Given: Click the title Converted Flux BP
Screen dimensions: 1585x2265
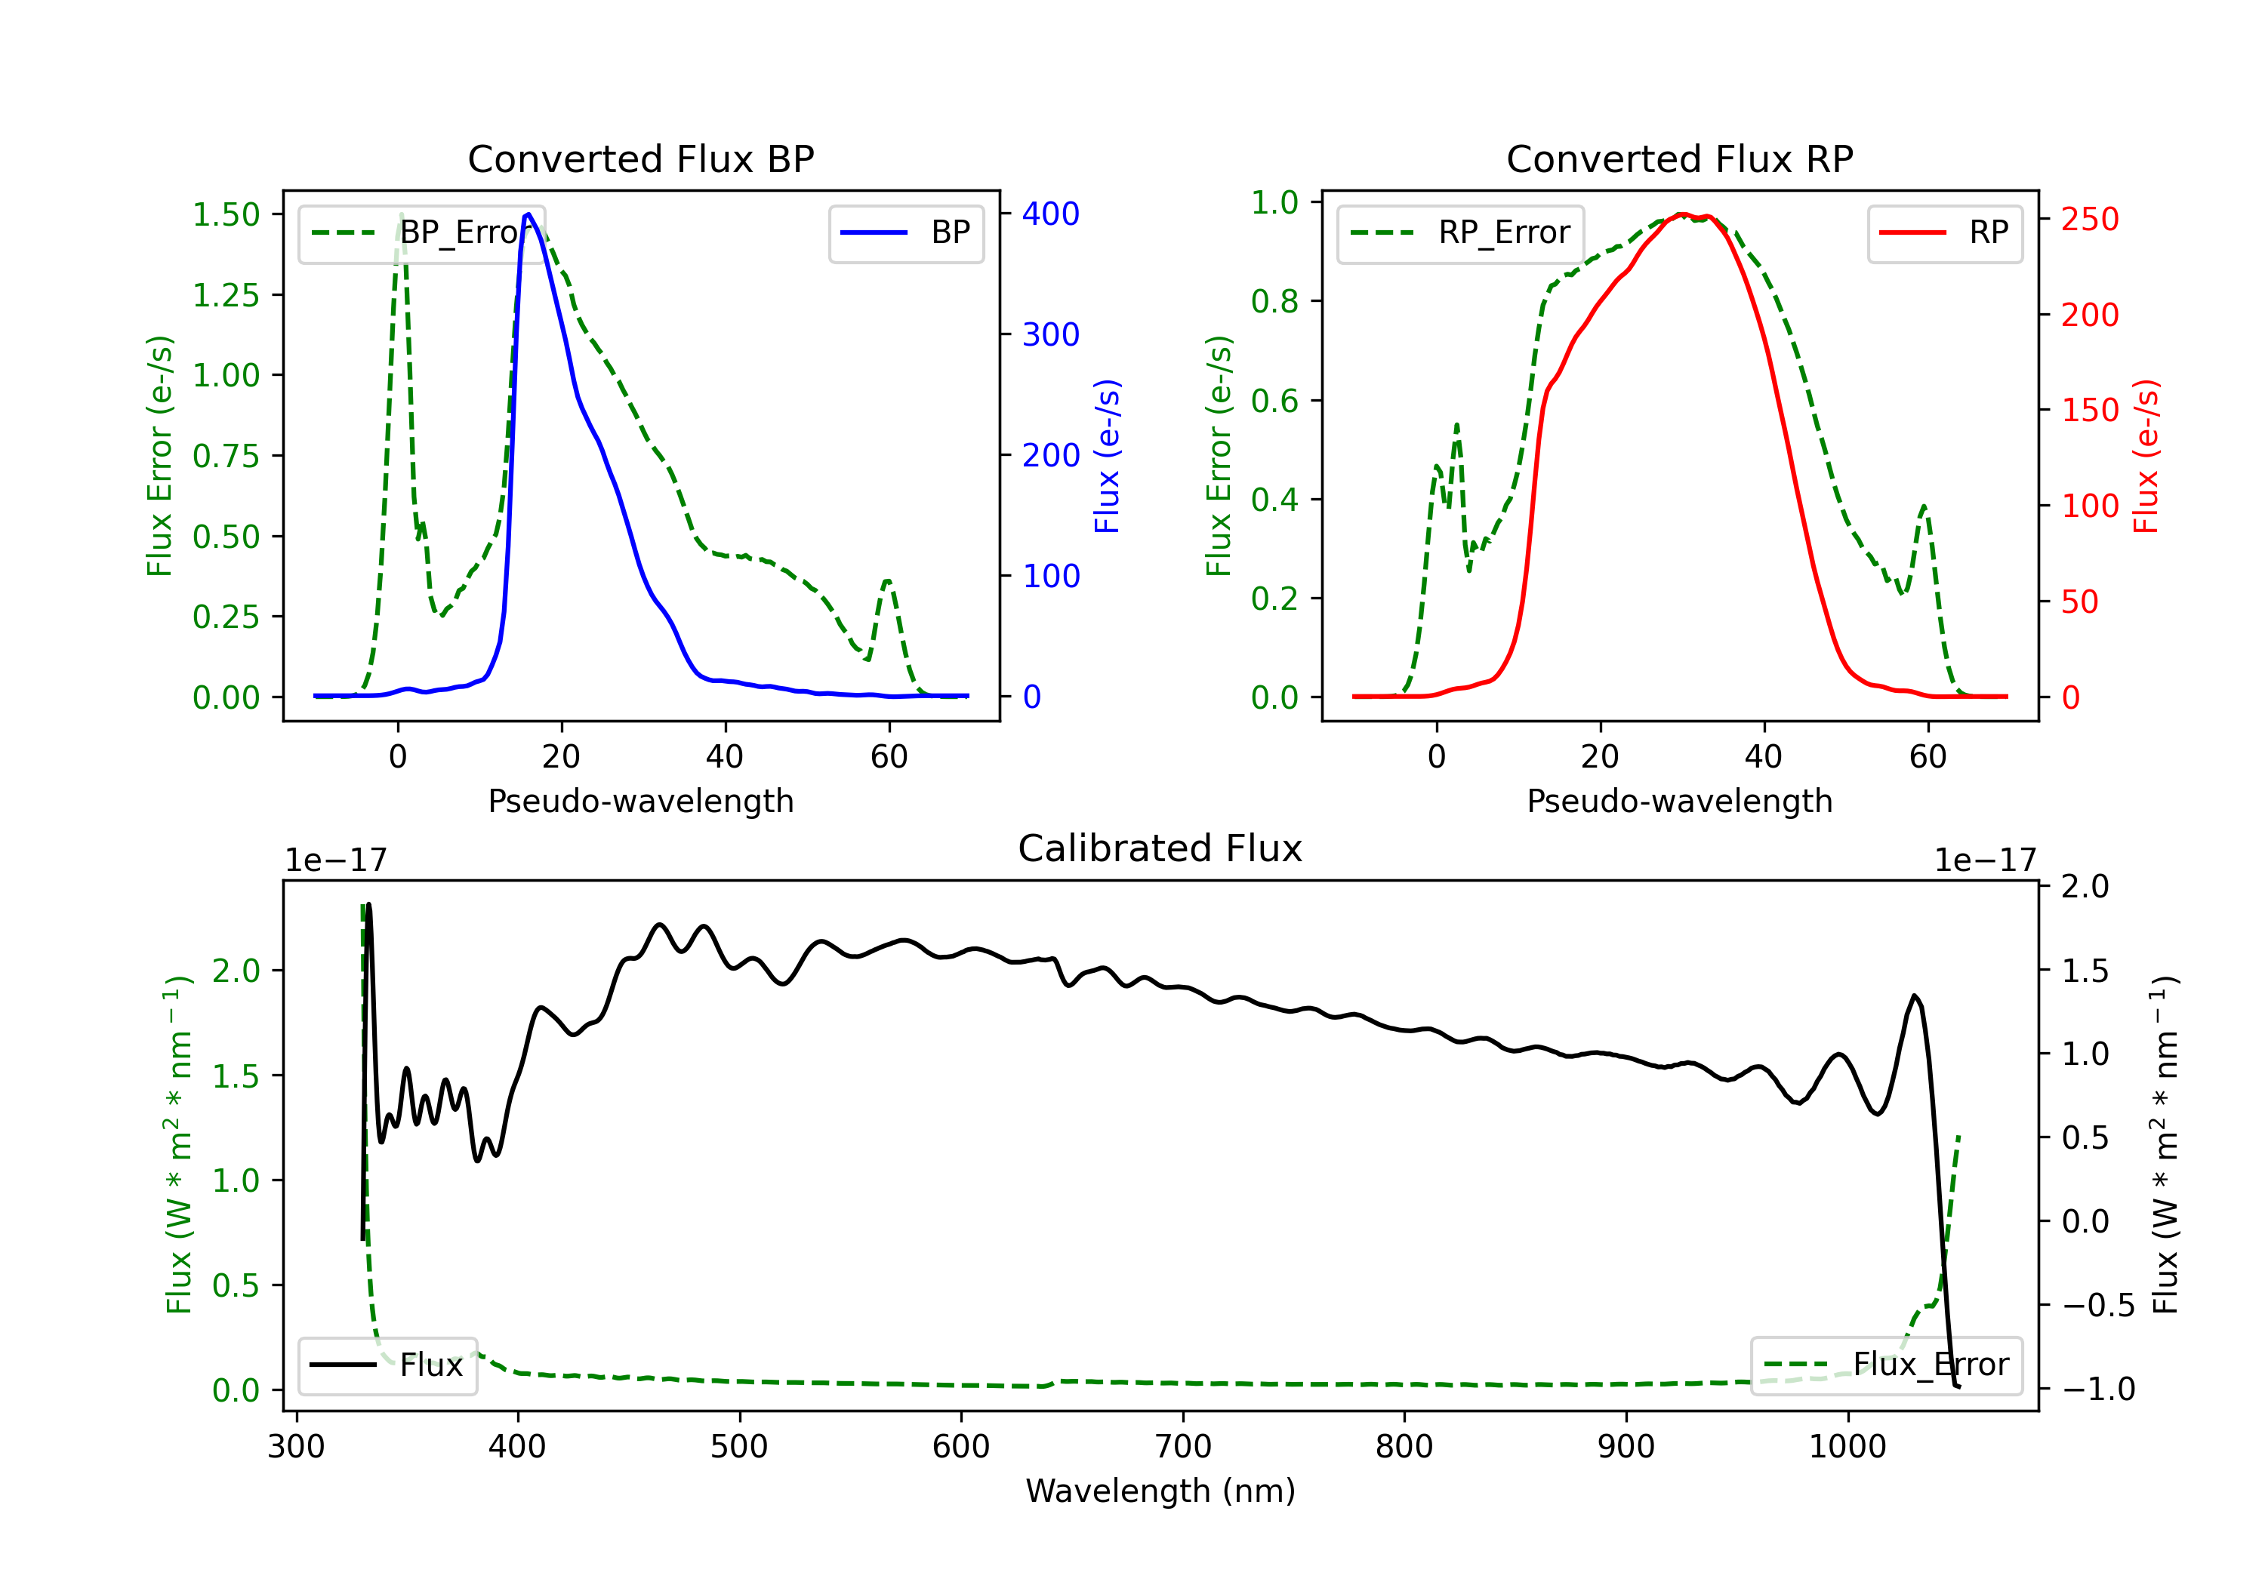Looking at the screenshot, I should (640, 158).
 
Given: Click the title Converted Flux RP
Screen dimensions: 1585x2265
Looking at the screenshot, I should (1679, 158).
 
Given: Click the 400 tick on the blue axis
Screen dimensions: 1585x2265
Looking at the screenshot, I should (1051, 214).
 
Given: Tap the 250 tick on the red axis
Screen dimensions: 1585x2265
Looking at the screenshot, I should (2089, 219).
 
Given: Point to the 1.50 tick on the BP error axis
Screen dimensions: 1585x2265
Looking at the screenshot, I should (226, 215).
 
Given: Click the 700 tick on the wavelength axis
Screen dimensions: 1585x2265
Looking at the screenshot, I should (1183, 1447).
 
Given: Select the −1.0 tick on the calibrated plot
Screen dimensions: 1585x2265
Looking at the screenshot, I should (2098, 1390).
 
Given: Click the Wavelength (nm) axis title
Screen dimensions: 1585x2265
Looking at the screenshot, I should (1160, 1491).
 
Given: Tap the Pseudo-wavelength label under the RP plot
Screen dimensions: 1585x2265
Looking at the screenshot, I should (1679, 801).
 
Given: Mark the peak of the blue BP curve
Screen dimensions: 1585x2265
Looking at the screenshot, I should (528, 214).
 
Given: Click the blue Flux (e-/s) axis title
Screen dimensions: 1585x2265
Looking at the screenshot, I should (1107, 456).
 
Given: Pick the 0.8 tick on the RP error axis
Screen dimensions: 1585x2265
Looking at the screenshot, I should (1274, 302).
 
